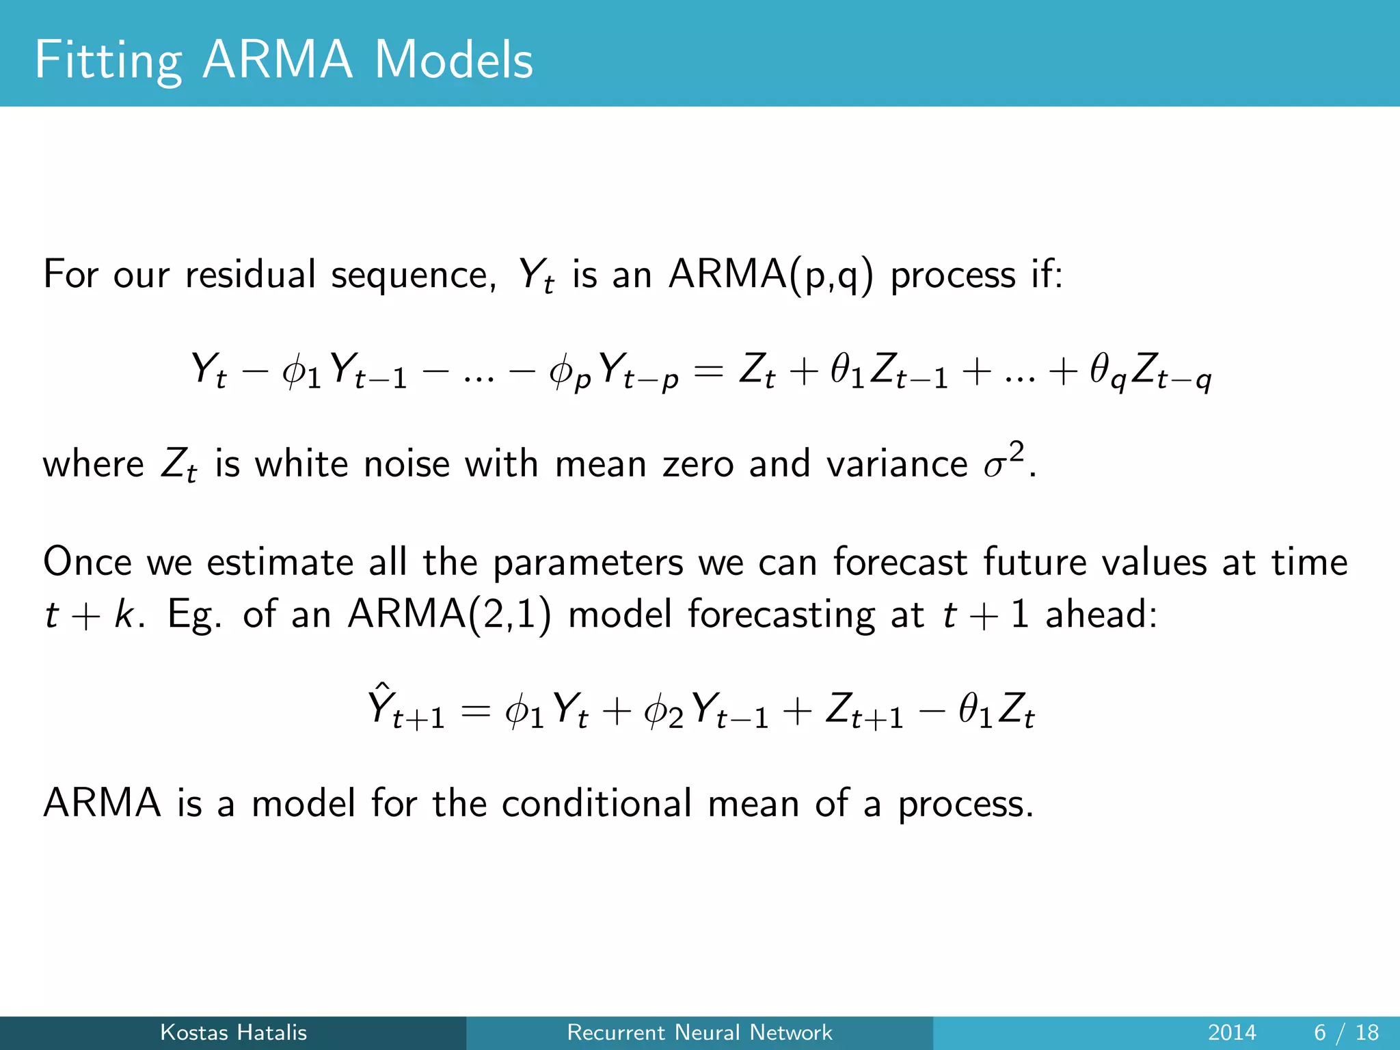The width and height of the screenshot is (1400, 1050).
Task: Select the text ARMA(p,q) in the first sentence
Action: pyautogui.click(x=770, y=275)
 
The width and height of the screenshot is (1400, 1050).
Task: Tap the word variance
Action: pyautogui.click(x=896, y=464)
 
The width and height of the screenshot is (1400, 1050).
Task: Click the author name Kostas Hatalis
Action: pyautogui.click(x=233, y=1032)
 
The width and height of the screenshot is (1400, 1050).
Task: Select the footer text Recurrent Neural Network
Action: pyautogui.click(x=699, y=1032)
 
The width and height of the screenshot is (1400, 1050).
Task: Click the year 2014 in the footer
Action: pyautogui.click(x=1232, y=1032)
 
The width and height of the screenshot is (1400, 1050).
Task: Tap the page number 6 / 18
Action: pyautogui.click(x=1346, y=1032)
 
